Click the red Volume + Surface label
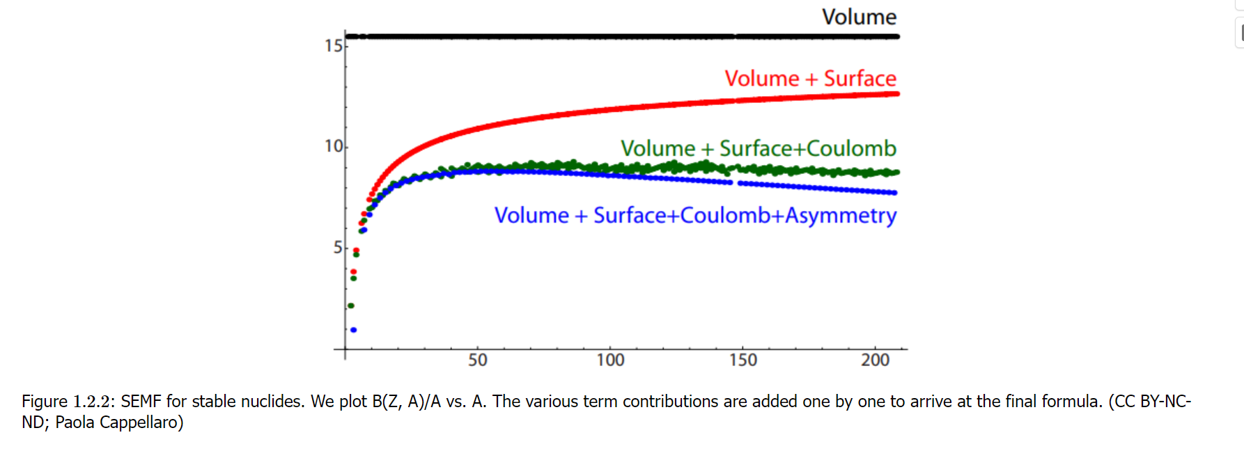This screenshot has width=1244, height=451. point(810,79)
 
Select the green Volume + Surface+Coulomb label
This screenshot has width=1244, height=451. point(758,148)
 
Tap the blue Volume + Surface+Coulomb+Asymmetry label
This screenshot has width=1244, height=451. point(694,215)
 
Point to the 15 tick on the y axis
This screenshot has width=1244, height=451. point(334,46)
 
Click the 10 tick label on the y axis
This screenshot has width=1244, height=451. point(334,146)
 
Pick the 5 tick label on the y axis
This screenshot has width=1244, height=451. point(337,247)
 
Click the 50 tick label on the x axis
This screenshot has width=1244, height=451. point(477,360)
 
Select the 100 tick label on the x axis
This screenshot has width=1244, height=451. point(610,360)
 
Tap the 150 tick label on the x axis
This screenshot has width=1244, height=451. point(742,360)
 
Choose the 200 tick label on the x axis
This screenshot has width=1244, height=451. point(875,360)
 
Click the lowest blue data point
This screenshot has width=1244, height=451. point(354,330)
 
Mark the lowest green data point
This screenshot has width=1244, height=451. point(351,306)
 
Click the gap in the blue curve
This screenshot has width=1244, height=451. point(736,183)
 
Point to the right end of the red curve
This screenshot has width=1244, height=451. point(896,94)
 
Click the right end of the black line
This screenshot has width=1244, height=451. point(896,36)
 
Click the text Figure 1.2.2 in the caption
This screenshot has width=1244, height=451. point(68,402)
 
